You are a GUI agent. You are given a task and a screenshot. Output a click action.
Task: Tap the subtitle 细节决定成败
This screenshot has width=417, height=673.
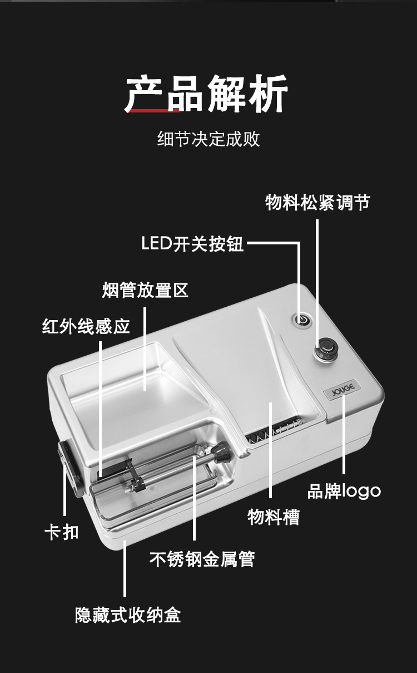pos(209,139)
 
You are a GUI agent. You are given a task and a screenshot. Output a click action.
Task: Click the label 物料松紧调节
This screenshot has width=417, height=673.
pos(317,203)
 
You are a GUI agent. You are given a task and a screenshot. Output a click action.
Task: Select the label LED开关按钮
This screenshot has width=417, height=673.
pos(192,243)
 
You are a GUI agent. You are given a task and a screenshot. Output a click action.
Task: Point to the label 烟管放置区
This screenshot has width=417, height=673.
pos(145,290)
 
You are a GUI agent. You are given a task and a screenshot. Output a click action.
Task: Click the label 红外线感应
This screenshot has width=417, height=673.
pos(86,326)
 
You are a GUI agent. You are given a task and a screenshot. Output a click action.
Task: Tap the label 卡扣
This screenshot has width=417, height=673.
pos(61,532)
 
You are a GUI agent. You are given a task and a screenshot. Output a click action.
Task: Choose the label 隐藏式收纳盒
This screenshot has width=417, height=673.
pos(128,615)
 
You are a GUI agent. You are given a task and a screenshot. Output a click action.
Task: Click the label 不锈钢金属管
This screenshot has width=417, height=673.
pos(202,558)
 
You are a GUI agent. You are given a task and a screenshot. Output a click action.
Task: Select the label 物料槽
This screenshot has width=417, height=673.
pos(273,517)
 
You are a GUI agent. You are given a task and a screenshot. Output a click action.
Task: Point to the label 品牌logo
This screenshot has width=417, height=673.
pos(344,491)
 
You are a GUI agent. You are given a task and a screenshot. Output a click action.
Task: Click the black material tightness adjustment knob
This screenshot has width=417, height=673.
pos(326,352)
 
